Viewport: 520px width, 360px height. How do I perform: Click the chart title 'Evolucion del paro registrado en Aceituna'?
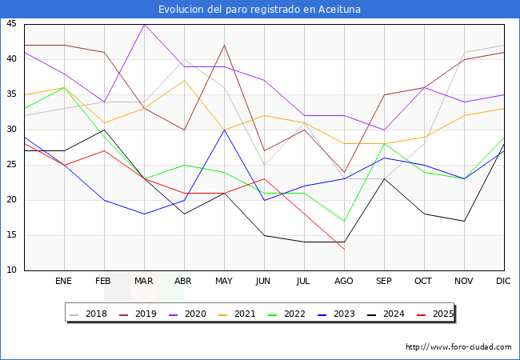tap(259, 10)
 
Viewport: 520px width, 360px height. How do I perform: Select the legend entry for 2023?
tap(341, 314)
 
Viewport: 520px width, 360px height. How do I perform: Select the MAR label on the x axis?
tap(144, 282)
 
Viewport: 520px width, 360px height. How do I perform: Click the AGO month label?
tap(344, 282)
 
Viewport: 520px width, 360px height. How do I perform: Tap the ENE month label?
tap(64, 282)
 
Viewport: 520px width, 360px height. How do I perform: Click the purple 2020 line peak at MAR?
tap(144, 24)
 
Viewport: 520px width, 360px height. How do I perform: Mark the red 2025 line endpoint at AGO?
tap(344, 249)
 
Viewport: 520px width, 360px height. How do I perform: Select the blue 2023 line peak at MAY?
tap(224, 130)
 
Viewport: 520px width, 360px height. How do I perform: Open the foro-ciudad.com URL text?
tap(458, 347)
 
